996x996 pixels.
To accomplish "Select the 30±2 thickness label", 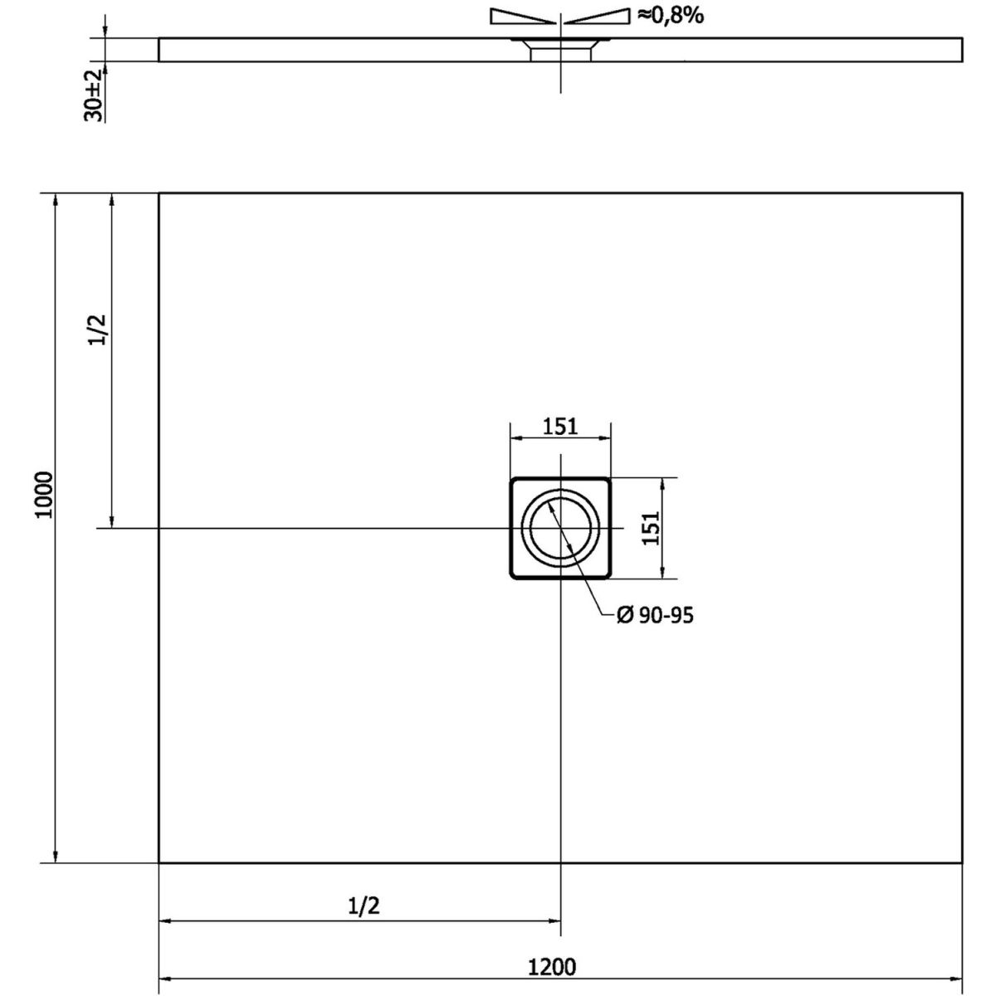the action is click(x=93, y=95).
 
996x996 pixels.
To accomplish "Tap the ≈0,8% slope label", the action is click(x=671, y=16).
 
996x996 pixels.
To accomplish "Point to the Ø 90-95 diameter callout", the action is click(x=655, y=615).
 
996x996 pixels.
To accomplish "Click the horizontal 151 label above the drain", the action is click(x=560, y=427).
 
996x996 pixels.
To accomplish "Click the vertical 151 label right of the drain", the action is click(x=652, y=528).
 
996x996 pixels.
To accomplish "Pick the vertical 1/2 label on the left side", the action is click(x=98, y=330).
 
